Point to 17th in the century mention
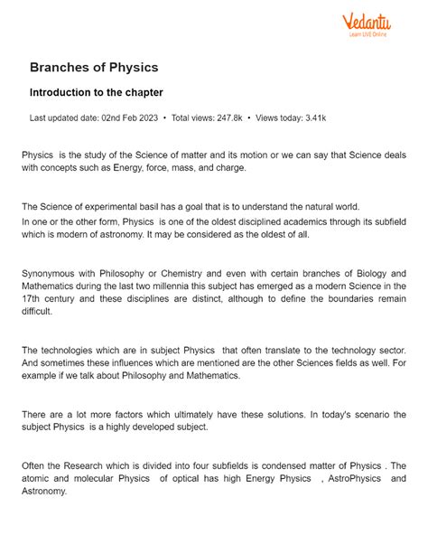click(33, 298)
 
